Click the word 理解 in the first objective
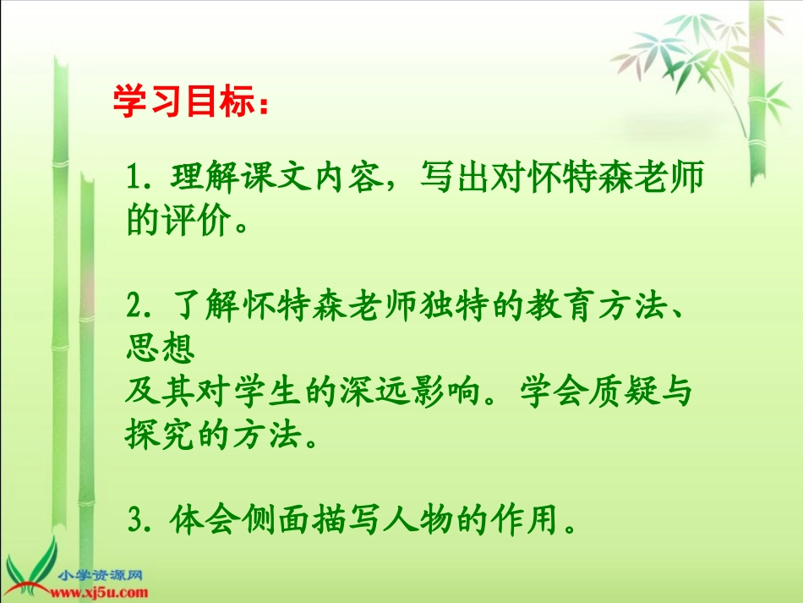point(195,179)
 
